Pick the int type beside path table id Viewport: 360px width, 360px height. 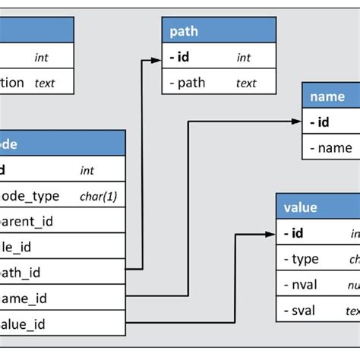[243, 58]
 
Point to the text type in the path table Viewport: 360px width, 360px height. [246, 84]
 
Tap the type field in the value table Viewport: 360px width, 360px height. [305, 259]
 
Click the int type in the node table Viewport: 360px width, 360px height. [87, 171]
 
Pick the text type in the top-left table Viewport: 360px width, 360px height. [46, 83]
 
